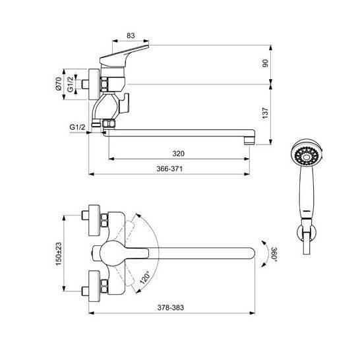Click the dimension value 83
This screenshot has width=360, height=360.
131,36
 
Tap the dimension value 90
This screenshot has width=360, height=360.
265,63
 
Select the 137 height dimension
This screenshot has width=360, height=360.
265,113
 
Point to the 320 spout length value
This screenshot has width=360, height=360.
179,154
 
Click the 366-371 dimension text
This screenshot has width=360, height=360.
169,169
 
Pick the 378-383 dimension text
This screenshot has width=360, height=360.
171,307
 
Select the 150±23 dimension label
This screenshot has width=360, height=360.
59,254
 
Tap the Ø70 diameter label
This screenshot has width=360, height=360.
59,84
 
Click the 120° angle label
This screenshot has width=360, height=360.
144,278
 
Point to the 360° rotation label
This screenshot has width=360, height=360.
274,255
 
